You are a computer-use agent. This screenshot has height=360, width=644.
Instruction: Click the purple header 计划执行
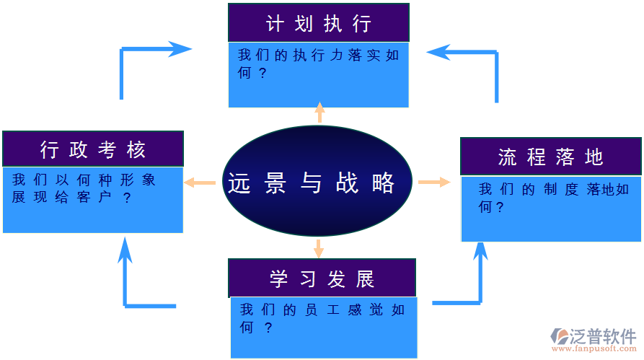[318, 23]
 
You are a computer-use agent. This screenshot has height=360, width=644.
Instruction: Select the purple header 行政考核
[93, 149]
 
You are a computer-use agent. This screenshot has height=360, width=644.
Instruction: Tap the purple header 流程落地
[550, 157]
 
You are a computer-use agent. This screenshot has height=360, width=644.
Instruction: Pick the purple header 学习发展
[322, 278]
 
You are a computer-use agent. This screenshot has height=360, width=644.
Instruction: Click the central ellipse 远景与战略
[317, 182]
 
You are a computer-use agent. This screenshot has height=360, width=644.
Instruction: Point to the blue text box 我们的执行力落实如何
[318, 75]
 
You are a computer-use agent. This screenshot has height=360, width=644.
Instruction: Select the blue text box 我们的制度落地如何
[550, 208]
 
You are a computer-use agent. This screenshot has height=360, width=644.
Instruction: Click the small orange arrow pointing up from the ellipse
[319, 112]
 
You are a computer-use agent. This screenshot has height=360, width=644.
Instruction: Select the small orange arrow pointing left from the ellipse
[200, 183]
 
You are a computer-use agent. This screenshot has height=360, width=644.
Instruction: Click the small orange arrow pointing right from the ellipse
[434, 182]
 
